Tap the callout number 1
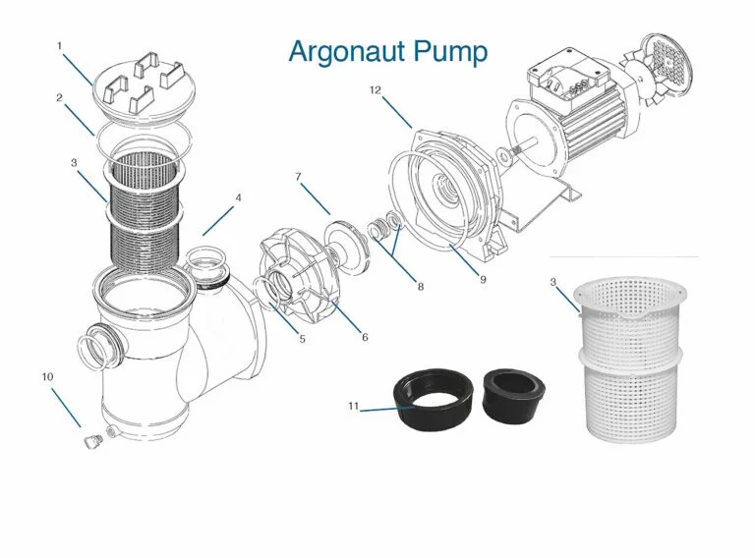pyautogui.click(x=59, y=46)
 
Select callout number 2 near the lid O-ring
pyautogui.click(x=59, y=97)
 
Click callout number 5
pyautogui.click(x=302, y=339)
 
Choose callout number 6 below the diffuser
pyautogui.click(x=365, y=337)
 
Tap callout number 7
pyautogui.click(x=297, y=177)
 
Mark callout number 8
pyautogui.click(x=421, y=287)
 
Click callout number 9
pyautogui.click(x=483, y=279)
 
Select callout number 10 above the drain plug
pyautogui.click(x=45, y=376)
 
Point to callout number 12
pyautogui.click(x=375, y=90)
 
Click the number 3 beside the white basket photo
pyautogui.click(x=553, y=283)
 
